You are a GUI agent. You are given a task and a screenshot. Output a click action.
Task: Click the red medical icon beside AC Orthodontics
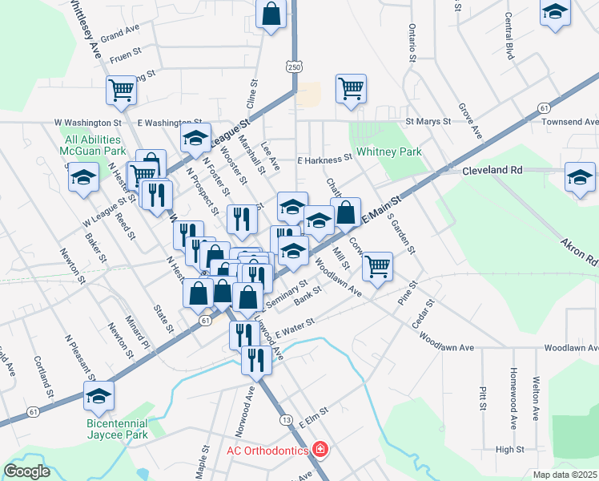point(320,450)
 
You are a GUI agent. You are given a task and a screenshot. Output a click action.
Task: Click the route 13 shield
point(285,419)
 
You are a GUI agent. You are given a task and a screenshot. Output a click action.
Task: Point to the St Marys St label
point(428,122)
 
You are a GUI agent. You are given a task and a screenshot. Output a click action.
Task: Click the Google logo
point(26,471)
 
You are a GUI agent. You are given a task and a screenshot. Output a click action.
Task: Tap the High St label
point(509,450)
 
